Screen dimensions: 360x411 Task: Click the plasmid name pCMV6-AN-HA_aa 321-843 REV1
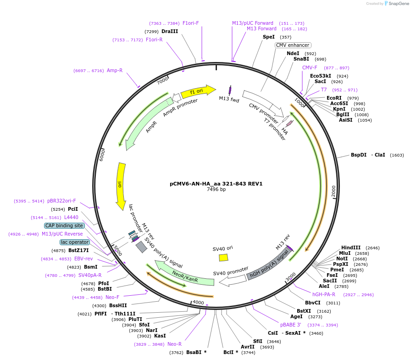point(216,184)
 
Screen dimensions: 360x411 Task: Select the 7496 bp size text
point(216,189)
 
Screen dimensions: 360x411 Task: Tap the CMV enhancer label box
point(293,45)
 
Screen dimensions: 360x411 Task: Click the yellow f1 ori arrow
point(198,91)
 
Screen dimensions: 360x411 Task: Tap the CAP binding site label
point(64,225)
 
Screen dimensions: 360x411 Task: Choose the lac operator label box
point(75,242)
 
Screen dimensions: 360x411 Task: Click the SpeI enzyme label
point(269,37)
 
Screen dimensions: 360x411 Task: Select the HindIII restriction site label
point(351,247)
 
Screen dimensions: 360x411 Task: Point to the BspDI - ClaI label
point(368,155)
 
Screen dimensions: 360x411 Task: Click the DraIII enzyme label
point(170,31)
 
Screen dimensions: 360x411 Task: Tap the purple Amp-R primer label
point(115,70)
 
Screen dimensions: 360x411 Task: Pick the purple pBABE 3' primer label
point(290,325)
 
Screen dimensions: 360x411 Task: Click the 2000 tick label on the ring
point(334,191)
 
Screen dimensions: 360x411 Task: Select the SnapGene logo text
point(397,4)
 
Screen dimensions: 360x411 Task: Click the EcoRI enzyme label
point(334,98)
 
